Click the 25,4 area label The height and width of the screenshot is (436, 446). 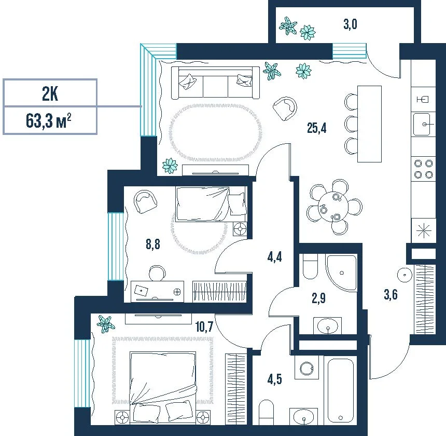[316, 128]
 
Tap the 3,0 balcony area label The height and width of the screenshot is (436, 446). [350, 24]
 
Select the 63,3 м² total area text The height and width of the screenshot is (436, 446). [48, 120]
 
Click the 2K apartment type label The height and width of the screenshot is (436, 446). [50, 93]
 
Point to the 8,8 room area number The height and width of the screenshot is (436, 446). [153, 244]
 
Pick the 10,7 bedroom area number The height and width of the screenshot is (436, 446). [204, 326]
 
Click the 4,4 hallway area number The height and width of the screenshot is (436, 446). [274, 257]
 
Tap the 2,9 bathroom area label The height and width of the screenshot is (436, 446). [318, 298]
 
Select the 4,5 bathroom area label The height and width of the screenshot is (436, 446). [274, 379]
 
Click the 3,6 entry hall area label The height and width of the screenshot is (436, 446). [391, 294]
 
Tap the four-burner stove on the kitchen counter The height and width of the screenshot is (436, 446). [423, 169]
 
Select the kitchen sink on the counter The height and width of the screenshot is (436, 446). [423, 124]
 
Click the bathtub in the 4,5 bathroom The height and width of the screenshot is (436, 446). [341, 391]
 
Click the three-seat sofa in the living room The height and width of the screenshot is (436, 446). [215, 83]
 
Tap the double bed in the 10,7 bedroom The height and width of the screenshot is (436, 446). [163, 387]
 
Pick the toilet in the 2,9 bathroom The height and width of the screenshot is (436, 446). [310, 266]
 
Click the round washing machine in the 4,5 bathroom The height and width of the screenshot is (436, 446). [306, 369]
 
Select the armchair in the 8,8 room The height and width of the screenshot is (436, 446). [145, 202]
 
